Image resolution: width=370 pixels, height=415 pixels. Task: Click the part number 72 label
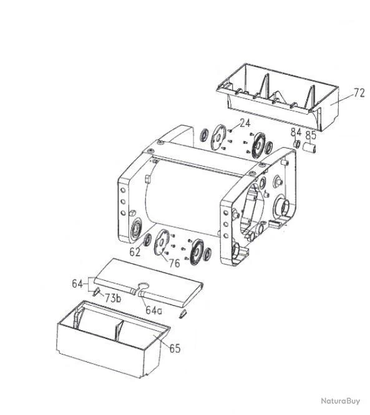(359, 93)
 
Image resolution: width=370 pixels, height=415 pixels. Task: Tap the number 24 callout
(244, 123)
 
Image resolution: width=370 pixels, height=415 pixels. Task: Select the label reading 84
(296, 133)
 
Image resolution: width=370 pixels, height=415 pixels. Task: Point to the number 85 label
(311, 134)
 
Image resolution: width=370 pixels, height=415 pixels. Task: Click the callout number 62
(135, 252)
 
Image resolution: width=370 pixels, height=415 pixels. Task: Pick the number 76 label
(174, 263)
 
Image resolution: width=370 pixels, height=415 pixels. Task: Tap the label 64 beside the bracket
(77, 284)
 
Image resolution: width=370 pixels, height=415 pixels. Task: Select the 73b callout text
(113, 297)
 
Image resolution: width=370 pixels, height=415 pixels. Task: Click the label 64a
(154, 310)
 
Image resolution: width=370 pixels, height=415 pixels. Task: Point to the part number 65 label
(175, 348)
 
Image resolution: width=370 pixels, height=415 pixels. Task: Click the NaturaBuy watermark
(341, 401)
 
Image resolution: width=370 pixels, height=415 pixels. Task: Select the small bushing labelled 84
(298, 145)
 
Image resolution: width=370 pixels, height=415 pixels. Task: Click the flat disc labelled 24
(220, 137)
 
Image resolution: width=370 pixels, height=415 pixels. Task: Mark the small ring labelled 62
(147, 241)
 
